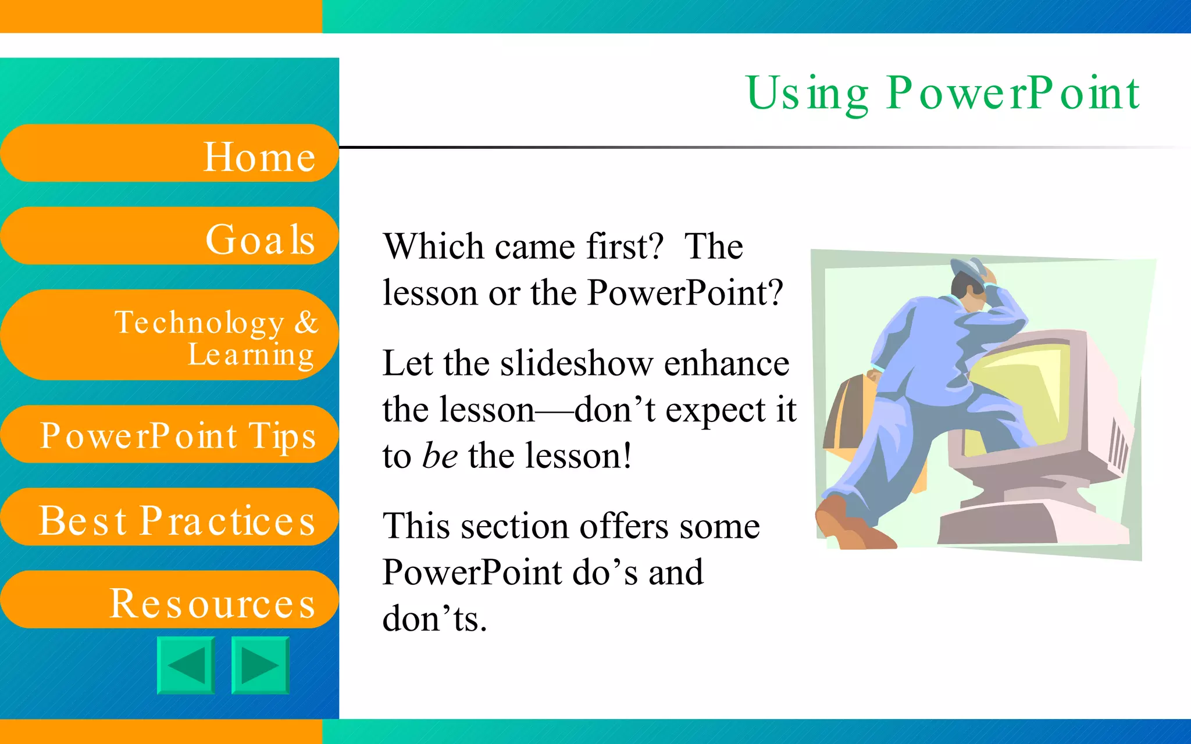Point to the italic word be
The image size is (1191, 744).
point(440,456)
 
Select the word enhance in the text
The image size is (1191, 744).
point(726,364)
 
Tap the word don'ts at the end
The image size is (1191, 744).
point(434,618)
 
